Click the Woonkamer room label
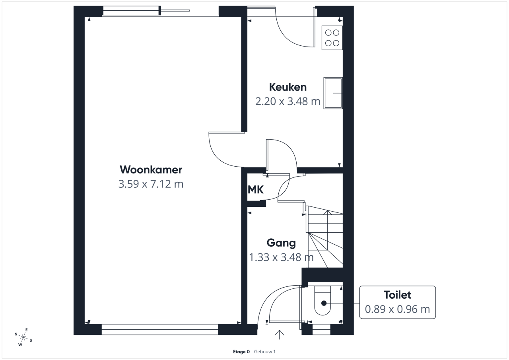click(151, 170)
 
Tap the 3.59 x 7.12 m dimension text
click(151, 184)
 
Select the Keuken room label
click(288, 87)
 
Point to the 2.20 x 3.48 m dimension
click(288, 101)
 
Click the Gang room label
click(281, 243)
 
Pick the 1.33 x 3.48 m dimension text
click(281, 257)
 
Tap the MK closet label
click(256, 189)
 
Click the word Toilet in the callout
click(397, 295)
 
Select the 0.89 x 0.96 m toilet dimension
click(397, 309)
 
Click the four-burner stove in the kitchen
click(332, 38)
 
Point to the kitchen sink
click(333, 93)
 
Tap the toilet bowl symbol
click(322, 301)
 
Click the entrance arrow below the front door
click(279, 335)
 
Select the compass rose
click(23, 337)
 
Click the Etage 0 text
click(241, 352)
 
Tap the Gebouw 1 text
click(265, 352)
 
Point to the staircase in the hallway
click(324, 237)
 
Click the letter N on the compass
click(16, 334)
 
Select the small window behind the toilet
click(321, 329)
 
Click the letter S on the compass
click(31, 340)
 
